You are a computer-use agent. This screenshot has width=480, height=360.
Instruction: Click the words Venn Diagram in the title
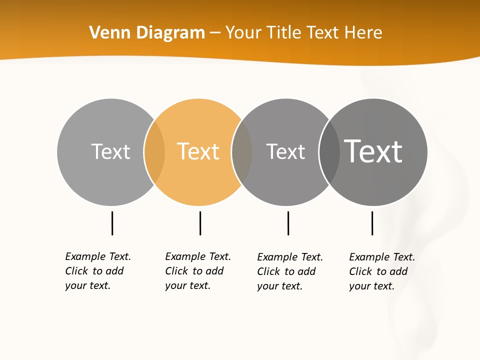pyautogui.click(x=147, y=33)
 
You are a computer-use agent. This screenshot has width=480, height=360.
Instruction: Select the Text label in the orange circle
pyautogui.click(x=198, y=151)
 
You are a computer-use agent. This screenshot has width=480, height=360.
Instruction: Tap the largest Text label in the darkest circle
pyautogui.click(x=373, y=151)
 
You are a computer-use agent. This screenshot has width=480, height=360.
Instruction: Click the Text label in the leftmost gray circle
pyautogui.click(x=110, y=151)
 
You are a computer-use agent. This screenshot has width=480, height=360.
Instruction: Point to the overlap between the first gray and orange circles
pyautogui.click(x=154, y=152)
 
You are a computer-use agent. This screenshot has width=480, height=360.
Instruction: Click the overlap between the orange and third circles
pyautogui.click(x=242, y=152)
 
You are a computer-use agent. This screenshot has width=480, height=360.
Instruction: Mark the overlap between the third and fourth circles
pyautogui.click(x=329, y=152)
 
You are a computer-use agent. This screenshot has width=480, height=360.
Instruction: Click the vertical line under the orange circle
pyautogui.click(x=200, y=223)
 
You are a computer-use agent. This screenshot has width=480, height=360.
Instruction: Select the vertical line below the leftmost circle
pyautogui.click(x=112, y=223)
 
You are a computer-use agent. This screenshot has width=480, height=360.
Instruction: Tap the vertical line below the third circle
pyautogui.click(x=288, y=223)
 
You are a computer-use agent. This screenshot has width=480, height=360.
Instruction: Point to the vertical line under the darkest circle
pyautogui.click(x=372, y=223)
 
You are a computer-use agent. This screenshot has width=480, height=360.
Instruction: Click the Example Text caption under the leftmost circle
pyautogui.click(x=97, y=271)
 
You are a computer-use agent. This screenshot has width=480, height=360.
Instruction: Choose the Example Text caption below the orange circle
pyautogui.click(x=197, y=271)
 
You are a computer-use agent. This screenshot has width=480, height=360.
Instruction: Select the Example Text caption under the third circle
pyautogui.click(x=289, y=271)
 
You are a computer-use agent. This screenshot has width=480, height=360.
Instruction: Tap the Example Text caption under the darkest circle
pyautogui.click(x=381, y=271)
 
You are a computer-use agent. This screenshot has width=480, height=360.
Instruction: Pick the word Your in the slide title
pyautogui.click(x=243, y=33)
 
